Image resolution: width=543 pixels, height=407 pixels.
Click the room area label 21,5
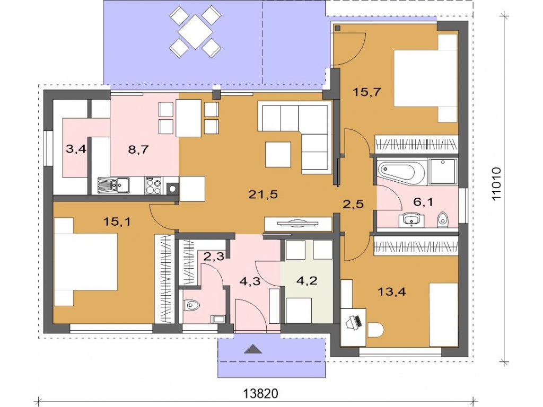(x=263, y=195)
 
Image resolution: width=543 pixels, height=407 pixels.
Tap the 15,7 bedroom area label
(x=367, y=92)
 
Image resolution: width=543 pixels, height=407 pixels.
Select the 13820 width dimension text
(x=261, y=394)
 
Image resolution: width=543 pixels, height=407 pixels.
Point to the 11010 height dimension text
(x=496, y=184)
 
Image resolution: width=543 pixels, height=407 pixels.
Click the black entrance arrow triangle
(x=253, y=349)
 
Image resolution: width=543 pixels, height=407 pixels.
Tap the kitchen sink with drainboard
(x=113, y=185)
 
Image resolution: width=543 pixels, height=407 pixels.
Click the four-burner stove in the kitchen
(x=153, y=185)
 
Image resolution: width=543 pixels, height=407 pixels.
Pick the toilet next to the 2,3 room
(x=192, y=305)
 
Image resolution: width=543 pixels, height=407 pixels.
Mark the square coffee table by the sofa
(x=278, y=154)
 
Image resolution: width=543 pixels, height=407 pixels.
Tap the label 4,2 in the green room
(x=307, y=280)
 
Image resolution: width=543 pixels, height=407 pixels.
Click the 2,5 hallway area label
(x=353, y=204)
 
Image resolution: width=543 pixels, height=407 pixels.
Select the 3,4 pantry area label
(x=76, y=149)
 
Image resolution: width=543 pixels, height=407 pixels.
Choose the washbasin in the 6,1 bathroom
(x=411, y=220)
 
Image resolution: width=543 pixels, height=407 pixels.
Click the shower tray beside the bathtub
(x=443, y=171)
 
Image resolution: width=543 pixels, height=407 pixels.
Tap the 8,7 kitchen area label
(x=138, y=149)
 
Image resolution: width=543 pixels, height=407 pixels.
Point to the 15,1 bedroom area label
(x=117, y=222)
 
